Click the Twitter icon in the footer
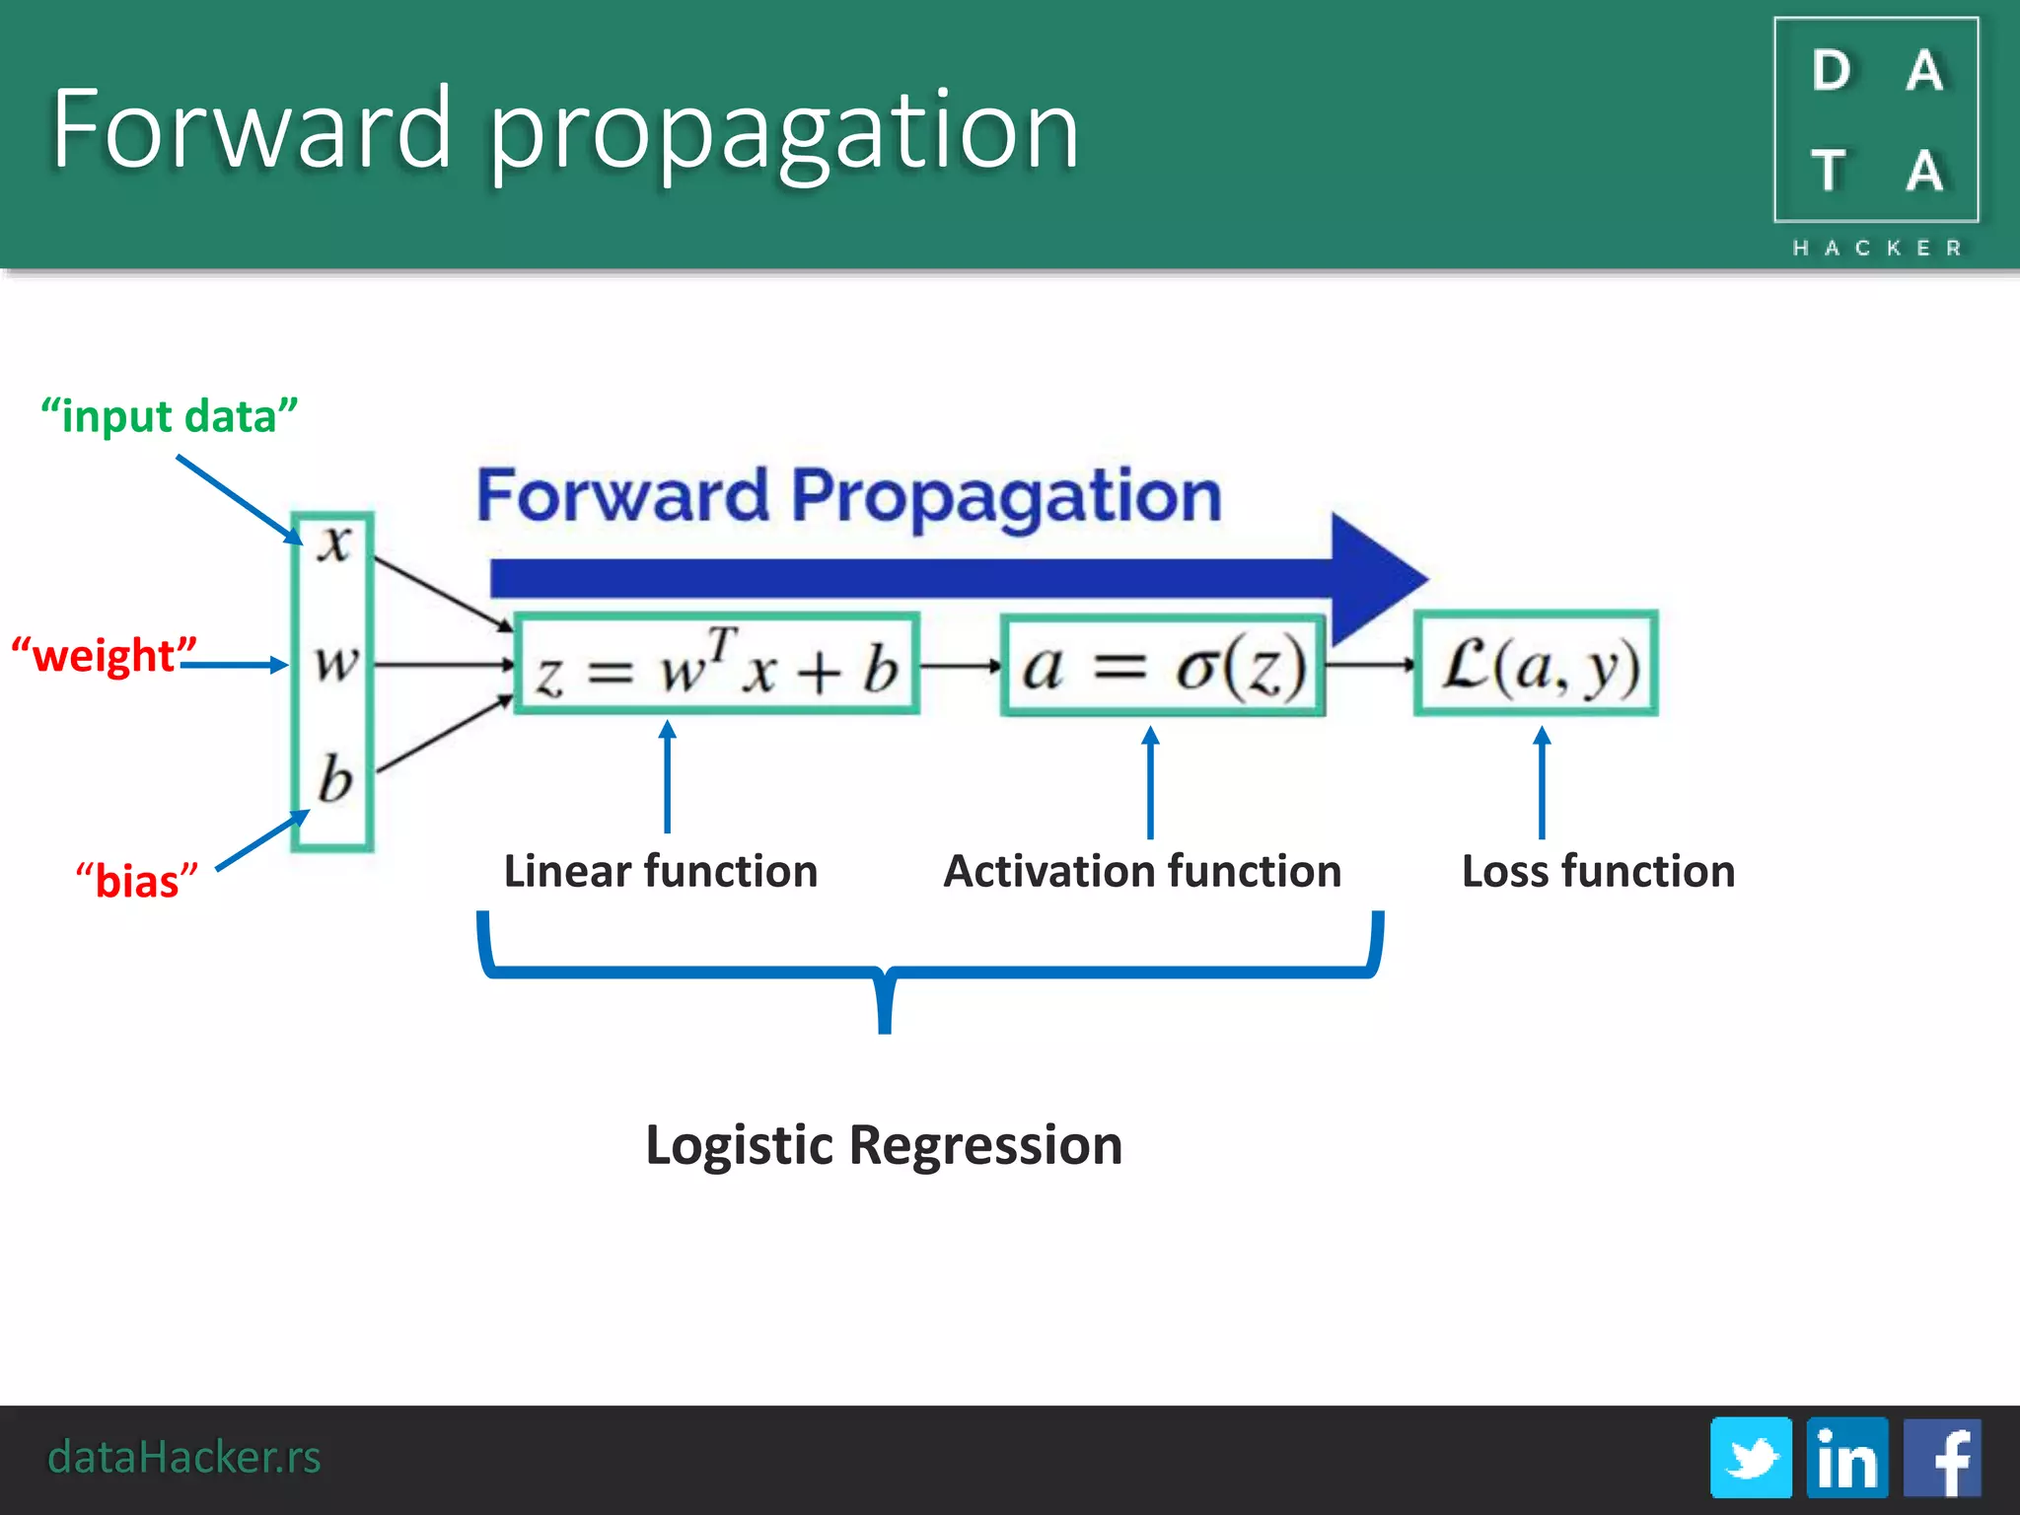[x=1751, y=1457]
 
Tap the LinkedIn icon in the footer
[x=1846, y=1457]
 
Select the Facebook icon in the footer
[x=1942, y=1457]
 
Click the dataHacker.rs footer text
[x=184, y=1457]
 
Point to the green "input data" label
[x=169, y=416]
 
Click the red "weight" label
[x=104, y=656]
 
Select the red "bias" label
[x=137, y=880]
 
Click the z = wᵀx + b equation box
[x=717, y=664]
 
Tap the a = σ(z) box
[x=1163, y=665]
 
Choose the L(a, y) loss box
[x=1537, y=664]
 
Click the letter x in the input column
[x=334, y=542]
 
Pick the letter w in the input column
[x=335, y=662]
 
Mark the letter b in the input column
[x=334, y=779]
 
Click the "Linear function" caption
[x=661, y=871]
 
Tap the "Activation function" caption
[x=1142, y=871]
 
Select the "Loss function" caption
[x=1598, y=871]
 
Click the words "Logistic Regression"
[x=884, y=1145]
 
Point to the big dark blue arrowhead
[x=1370, y=579]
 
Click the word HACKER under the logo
[x=1877, y=248]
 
